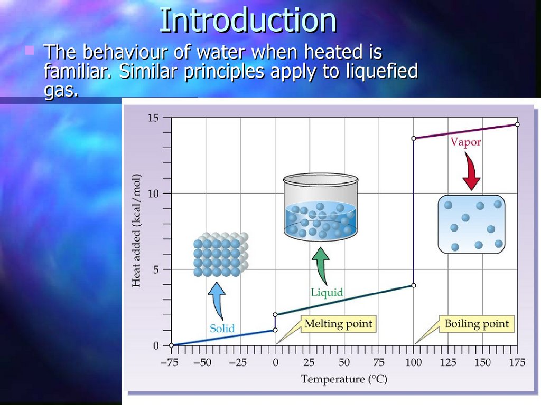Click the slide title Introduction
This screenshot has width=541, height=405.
(x=248, y=21)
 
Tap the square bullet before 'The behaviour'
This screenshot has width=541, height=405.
(x=31, y=51)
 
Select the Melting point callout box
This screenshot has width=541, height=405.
(x=338, y=324)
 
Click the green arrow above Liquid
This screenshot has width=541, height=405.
(x=321, y=266)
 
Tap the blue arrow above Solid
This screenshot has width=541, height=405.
(x=217, y=301)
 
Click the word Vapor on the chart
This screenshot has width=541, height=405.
(x=465, y=142)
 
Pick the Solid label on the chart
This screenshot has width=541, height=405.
(x=222, y=329)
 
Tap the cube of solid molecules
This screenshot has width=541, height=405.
(x=220, y=254)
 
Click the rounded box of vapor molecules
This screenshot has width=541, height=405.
(x=471, y=224)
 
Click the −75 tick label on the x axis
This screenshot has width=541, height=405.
(x=171, y=362)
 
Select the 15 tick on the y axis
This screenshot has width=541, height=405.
(x=153, y=117)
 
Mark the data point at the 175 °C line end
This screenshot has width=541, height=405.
(x=517, y=124)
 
